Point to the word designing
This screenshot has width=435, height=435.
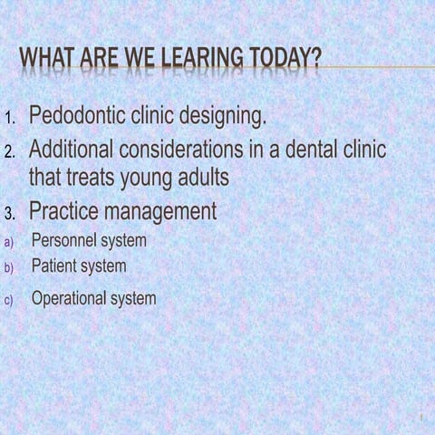[224, 117]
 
